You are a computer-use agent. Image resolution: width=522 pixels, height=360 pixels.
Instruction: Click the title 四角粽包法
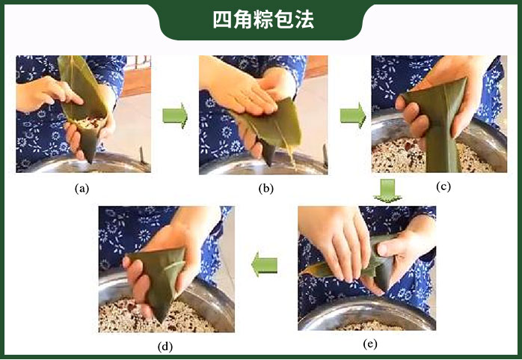click(263, 20)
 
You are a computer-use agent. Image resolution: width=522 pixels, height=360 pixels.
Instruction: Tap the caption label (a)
click(82, 189)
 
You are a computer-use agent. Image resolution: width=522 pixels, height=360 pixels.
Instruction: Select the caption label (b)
click(265, 189)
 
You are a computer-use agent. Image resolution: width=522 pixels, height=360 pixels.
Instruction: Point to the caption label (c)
click(443, 186)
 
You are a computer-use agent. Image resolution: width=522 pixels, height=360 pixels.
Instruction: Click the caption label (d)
click(165, 347)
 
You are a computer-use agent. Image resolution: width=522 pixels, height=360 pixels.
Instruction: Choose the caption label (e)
click(370, 344)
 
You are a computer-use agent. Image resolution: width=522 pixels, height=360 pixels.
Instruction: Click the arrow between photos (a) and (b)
click(175, 115)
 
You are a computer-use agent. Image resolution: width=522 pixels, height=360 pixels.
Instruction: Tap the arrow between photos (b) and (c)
click(353, 115)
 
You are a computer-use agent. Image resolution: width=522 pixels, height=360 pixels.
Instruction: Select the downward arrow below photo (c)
click(387, 191)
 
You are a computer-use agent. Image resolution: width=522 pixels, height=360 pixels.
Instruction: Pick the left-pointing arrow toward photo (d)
click(264, 265)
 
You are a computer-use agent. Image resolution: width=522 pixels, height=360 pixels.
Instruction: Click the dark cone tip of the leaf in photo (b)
click(268, 156)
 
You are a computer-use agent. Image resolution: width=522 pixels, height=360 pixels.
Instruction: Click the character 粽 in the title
click(263, 20)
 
